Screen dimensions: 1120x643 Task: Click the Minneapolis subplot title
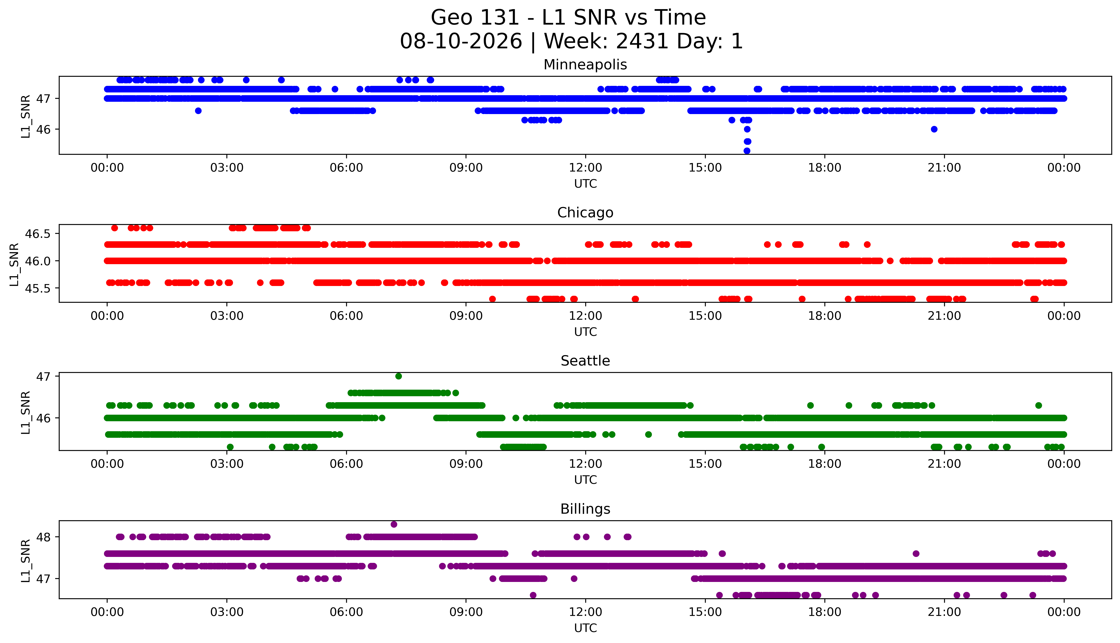point(585,65)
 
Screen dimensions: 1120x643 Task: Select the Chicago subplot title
point(585,213)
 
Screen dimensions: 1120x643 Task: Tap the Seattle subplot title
point(585,361)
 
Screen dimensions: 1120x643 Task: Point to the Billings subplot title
point(585,509)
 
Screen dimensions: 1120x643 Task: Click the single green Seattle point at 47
point(399,376)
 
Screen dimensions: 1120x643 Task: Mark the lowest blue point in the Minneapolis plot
point(747,151)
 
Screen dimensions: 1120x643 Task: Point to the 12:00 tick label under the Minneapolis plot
point(586,168)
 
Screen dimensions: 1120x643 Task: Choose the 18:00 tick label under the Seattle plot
point(825,464)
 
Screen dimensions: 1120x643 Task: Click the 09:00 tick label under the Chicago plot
point(466,316)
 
